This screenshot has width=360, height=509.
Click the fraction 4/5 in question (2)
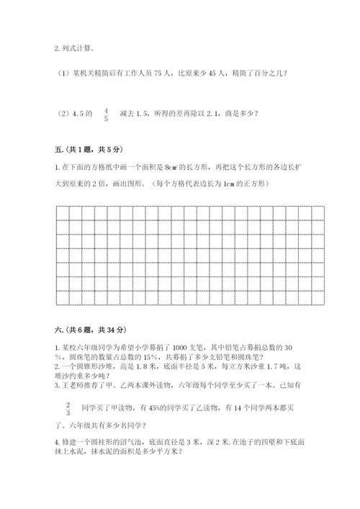[107, 114]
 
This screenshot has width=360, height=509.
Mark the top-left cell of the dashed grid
[60, 212]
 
